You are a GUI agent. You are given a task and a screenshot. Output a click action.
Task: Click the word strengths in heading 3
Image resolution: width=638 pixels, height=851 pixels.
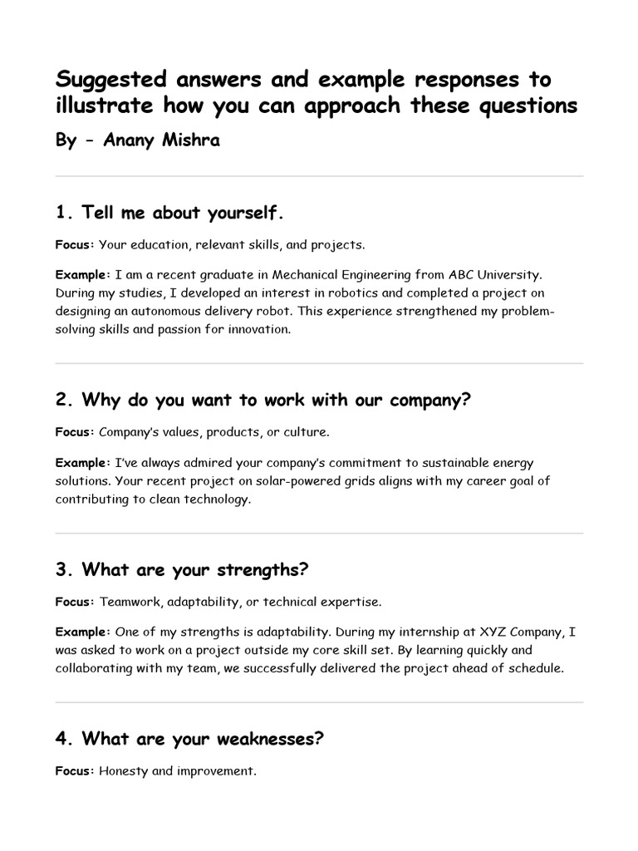(x=262, y=570)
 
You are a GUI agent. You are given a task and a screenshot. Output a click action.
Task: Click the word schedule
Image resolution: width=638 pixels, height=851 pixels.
(x=533, y=668)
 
